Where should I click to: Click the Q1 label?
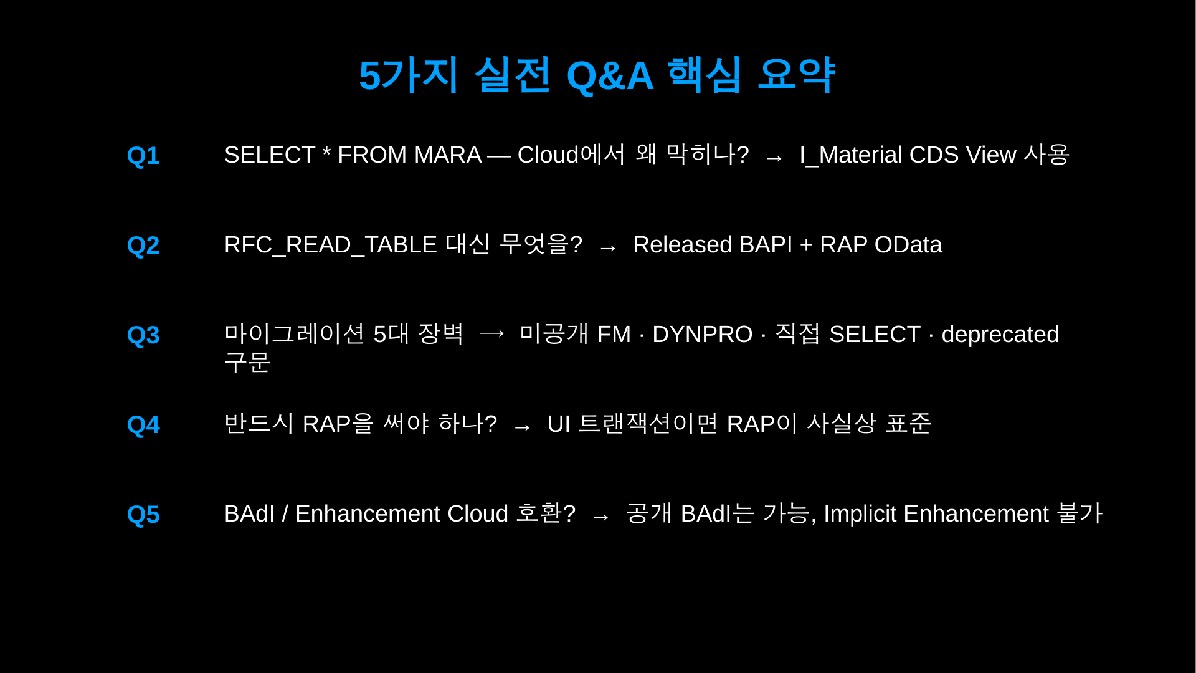pos(143,156)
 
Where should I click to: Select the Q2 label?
pos(143,246)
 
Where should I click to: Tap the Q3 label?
pos(143,335)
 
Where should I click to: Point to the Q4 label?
pos(143,425)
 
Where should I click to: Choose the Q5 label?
pos(143,515)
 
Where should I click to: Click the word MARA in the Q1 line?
pos(448,155)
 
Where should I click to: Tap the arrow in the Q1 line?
pos(774,158)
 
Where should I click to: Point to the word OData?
pos(908,245)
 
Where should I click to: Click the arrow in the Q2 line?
pos(607,248)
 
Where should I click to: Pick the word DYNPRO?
pos(703,335)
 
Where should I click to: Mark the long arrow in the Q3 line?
pos(492,333)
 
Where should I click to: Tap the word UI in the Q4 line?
pos(559,424)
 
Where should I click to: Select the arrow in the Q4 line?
pos(522,427)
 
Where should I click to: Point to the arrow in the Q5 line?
pos(600,517)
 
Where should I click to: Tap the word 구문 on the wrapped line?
pos(247,362)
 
